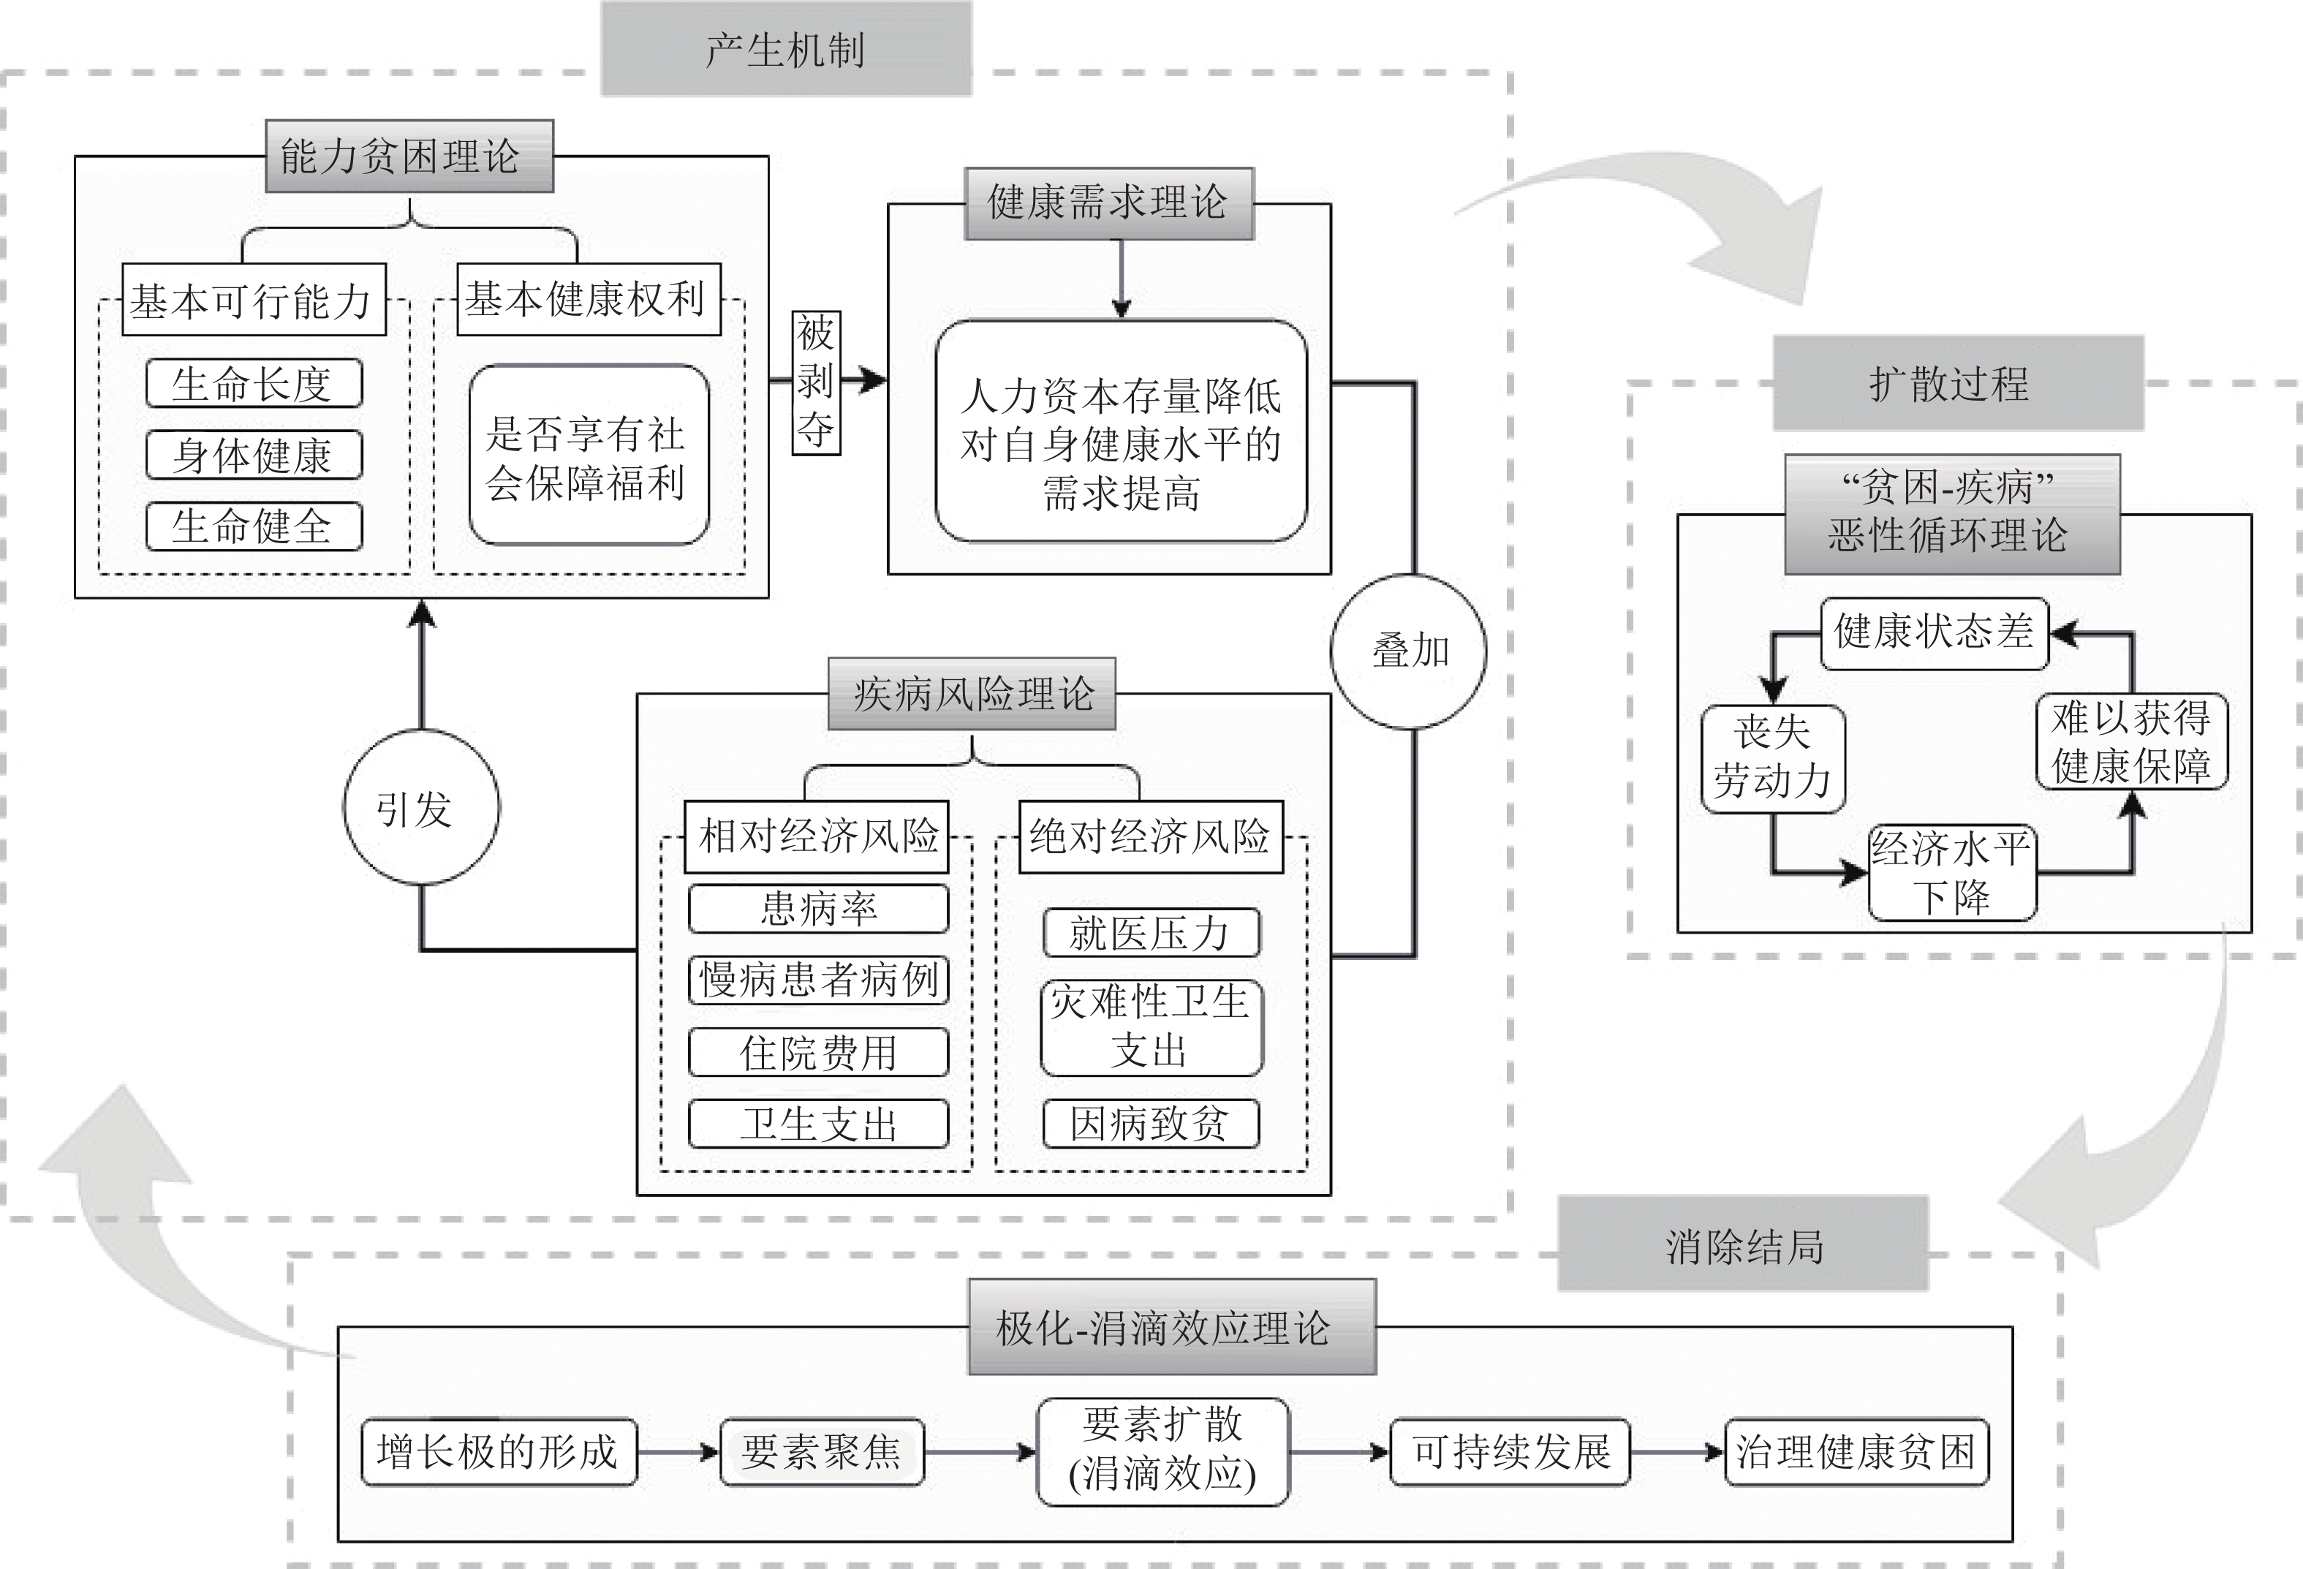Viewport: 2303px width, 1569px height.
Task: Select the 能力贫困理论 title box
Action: point(408,156)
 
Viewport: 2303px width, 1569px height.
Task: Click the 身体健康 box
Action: point(254,455)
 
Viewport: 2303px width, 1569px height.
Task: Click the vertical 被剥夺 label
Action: point(816,382)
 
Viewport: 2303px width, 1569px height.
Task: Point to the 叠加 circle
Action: point(1408,651)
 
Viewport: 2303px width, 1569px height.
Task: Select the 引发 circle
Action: point(421,808)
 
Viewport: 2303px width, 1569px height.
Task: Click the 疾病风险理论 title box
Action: point(971,694)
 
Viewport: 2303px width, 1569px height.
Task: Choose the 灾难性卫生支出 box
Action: point(1151,1027)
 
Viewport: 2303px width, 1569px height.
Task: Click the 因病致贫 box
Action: point(1151,1124)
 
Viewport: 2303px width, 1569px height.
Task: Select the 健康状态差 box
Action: point(1933,632)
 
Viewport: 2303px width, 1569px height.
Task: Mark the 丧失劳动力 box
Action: point(1771,758)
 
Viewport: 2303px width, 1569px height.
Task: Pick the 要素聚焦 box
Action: point(822,1452)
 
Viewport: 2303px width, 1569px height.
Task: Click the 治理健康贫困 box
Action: point(1856,1452)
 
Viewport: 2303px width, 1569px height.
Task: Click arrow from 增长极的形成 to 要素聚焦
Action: point(678,1453)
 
